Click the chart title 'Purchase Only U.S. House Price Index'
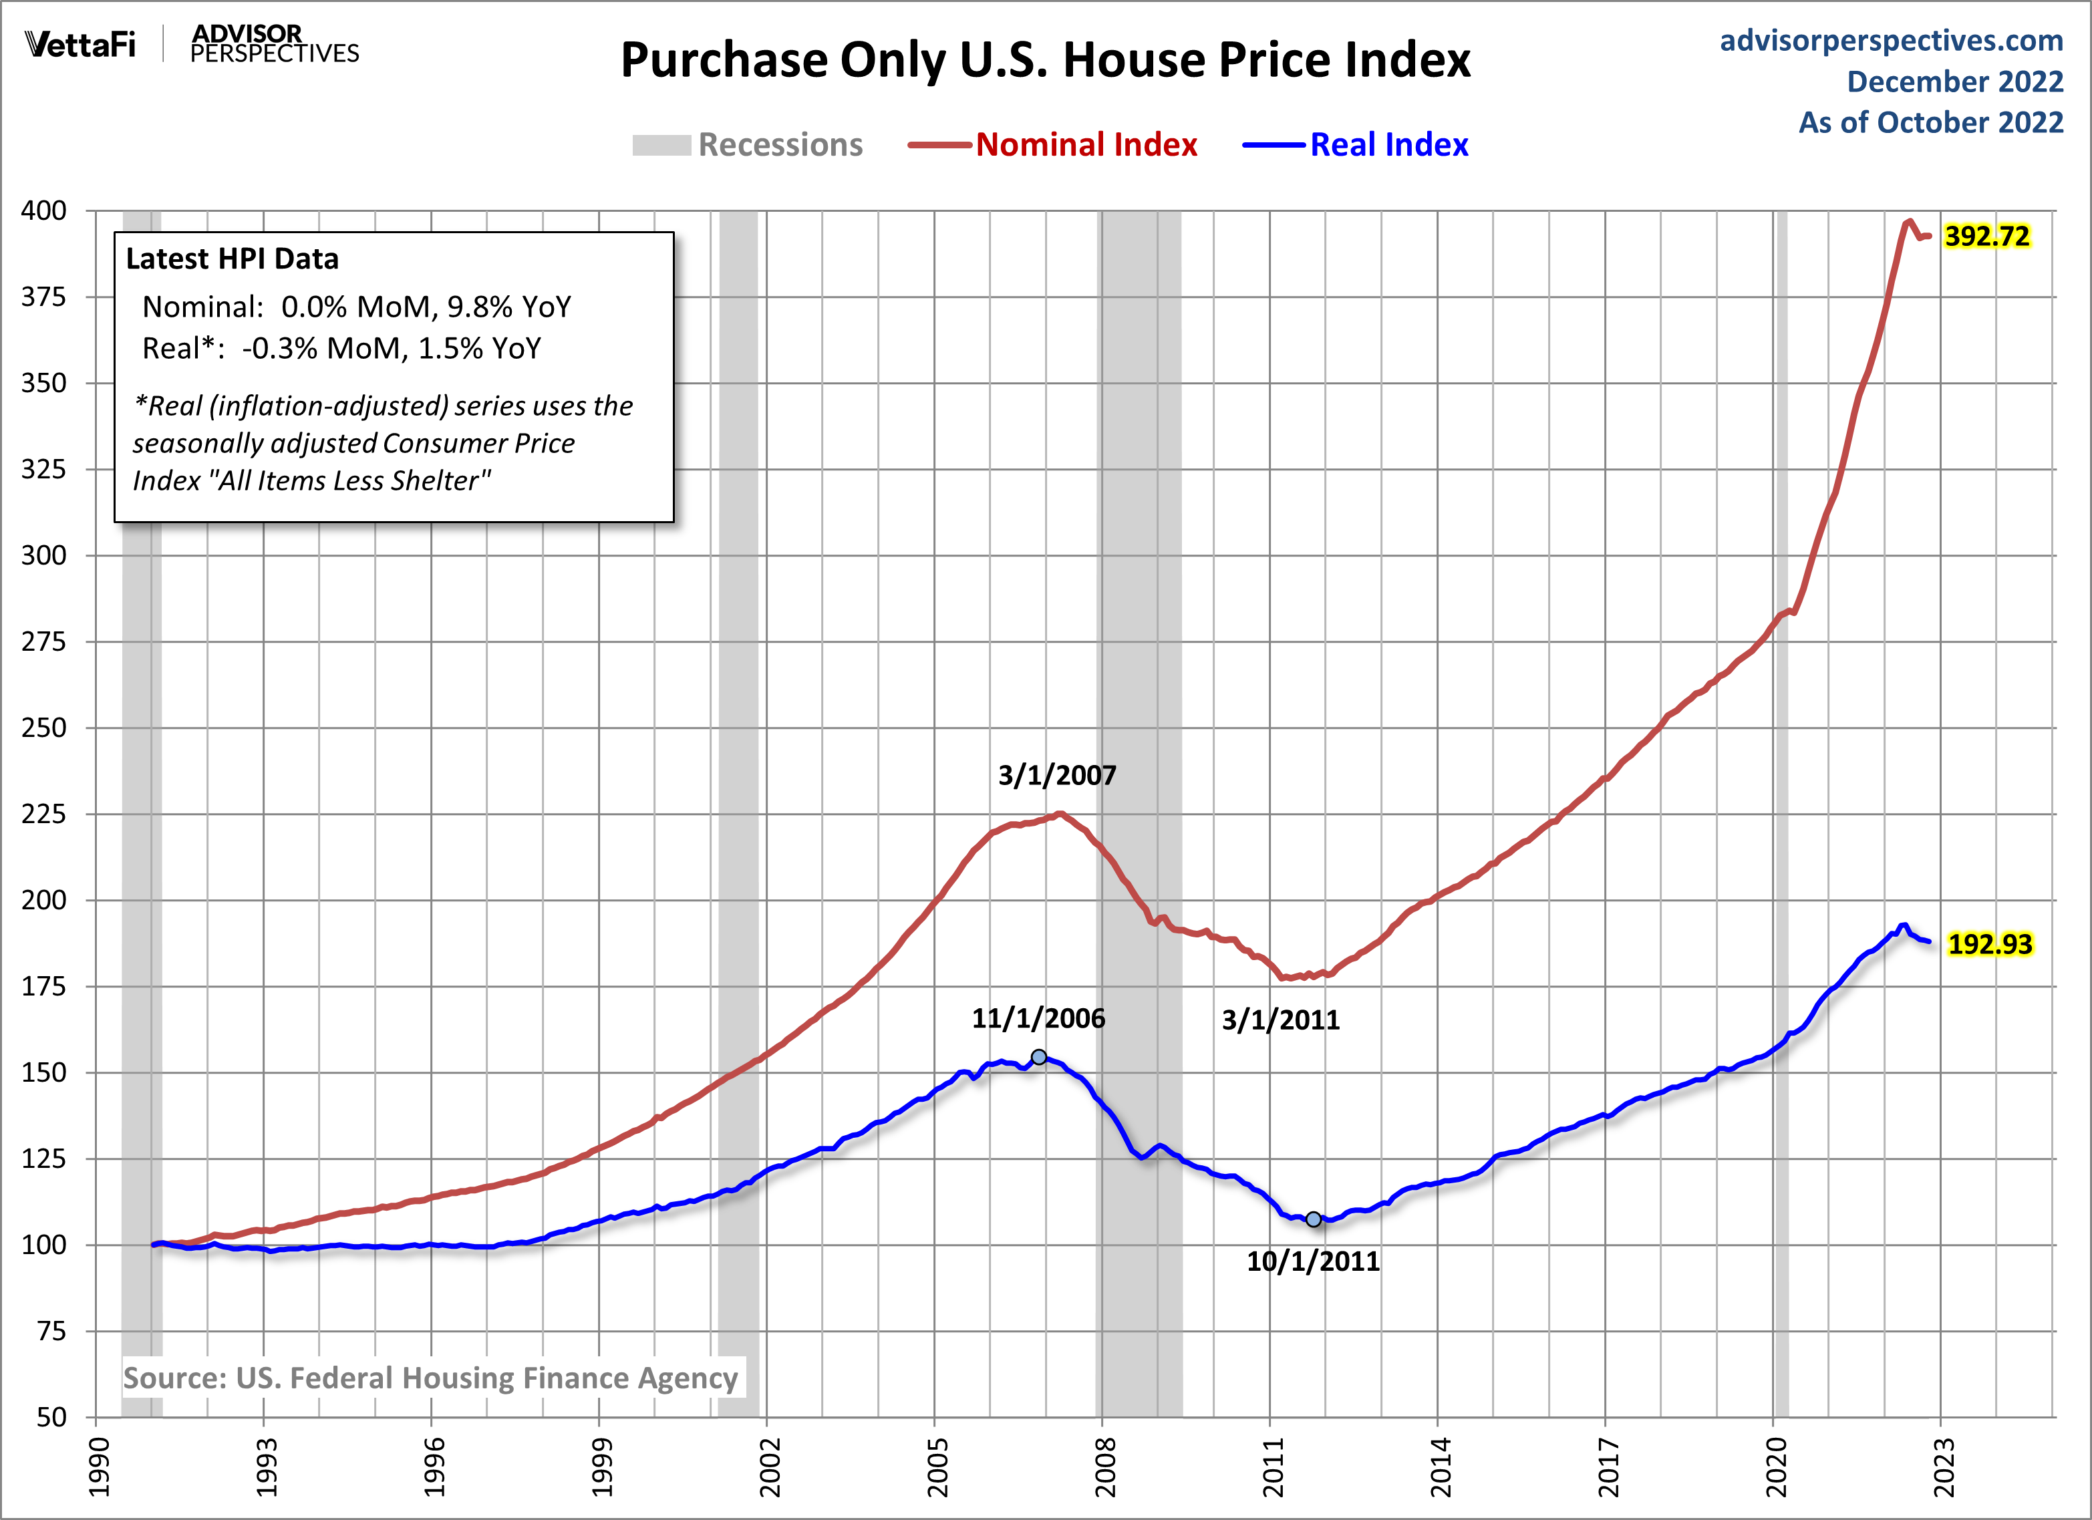[1045, 61]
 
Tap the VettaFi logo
[80, 44]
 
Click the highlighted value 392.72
[1987, 237]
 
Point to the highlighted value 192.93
[1990, 945]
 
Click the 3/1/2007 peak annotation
[1057, 775]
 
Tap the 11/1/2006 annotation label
[1038, 1018]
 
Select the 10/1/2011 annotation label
[1312, 1261]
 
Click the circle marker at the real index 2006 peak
[1038, 1057]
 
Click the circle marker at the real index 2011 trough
[1314, 1219]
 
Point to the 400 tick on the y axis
[44, 210]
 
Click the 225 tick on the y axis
[44, 814]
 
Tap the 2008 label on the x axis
[1104, 1467]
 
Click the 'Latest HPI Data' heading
[233, 259]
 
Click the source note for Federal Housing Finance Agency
[431, 1378]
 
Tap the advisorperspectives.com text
[1891, 41]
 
